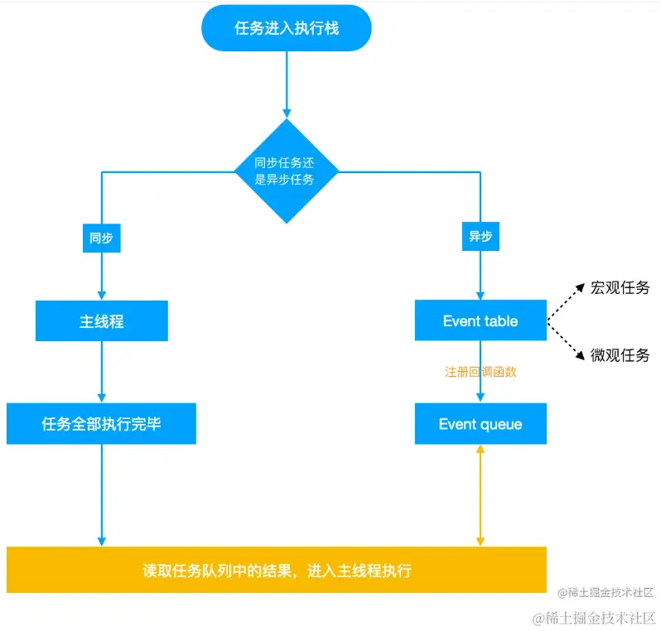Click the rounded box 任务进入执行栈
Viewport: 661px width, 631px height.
click(287, 28)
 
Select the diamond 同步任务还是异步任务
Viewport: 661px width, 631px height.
click(287, 171)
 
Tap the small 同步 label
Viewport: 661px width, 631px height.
click(101, 238)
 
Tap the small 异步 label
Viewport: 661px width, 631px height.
click(480, 238)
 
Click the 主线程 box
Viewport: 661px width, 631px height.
click(101, 321)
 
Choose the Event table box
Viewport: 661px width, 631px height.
click(480, 321)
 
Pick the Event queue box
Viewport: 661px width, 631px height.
click(480, 424)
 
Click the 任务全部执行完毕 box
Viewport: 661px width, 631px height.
click(101, 424)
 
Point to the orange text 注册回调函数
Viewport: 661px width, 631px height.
click(480, 372)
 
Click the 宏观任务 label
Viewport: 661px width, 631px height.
click(620, 288)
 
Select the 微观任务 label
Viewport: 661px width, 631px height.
click(620, 355)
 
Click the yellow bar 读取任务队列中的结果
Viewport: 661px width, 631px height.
click(277, 570)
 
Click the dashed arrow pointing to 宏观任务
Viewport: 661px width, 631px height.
click(562, 304)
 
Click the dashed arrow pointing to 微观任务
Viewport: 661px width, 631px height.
click(562, 340)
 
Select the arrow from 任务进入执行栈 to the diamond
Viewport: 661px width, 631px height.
click(287, 83)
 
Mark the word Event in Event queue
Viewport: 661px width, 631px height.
click(457, 424)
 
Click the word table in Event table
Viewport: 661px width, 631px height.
click(501, 321)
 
